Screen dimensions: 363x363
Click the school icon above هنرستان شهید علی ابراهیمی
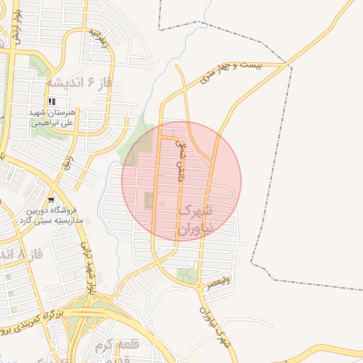[x=52, y=102]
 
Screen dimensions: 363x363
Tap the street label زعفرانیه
[x=99, y=38]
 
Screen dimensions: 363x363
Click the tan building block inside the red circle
[x=149, y=200]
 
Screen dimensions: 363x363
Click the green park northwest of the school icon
[x=40, y=67]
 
